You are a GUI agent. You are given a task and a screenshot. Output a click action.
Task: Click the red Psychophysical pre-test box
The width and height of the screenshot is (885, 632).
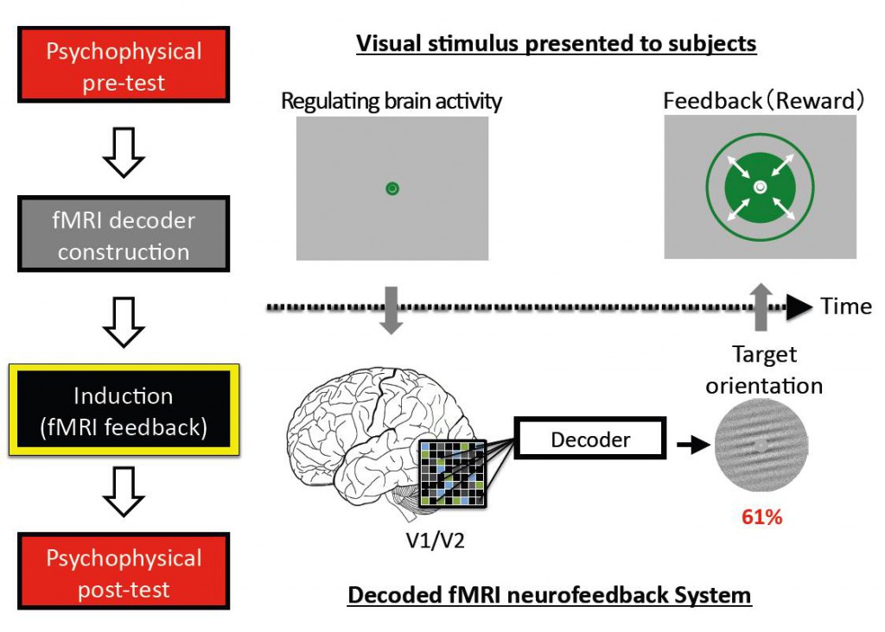click(124, 66)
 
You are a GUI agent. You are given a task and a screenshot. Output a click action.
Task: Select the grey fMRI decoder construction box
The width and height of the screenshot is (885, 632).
click(124, 236)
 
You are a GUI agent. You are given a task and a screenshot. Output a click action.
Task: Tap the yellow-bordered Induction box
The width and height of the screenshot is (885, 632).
click(123, 411)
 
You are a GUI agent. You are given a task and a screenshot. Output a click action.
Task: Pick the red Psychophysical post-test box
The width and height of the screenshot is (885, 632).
click(124, 574)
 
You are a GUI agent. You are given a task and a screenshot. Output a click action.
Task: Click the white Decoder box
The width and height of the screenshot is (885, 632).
click(589, 440)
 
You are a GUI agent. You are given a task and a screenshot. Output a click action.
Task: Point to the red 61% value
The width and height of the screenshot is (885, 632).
click(761, 518)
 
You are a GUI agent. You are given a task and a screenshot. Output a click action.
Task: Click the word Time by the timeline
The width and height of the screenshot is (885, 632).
click(846, 307)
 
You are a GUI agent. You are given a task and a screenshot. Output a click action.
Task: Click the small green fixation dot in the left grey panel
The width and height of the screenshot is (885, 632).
click(392, 188)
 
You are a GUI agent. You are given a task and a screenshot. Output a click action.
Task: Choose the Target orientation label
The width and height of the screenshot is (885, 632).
click(764, 369)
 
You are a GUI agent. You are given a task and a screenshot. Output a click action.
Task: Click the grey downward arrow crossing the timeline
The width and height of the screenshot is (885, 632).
click(392, 312)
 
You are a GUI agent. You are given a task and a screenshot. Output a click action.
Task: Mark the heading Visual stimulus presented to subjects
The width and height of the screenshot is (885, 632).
click(557, 43)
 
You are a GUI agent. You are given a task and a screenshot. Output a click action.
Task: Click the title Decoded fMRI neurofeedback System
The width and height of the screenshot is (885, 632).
click(550, 595)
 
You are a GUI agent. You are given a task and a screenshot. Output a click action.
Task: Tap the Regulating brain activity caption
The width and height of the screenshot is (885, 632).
click(392, 101)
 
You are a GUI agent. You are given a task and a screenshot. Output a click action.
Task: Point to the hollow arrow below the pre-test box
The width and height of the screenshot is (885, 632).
click(124, 155)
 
